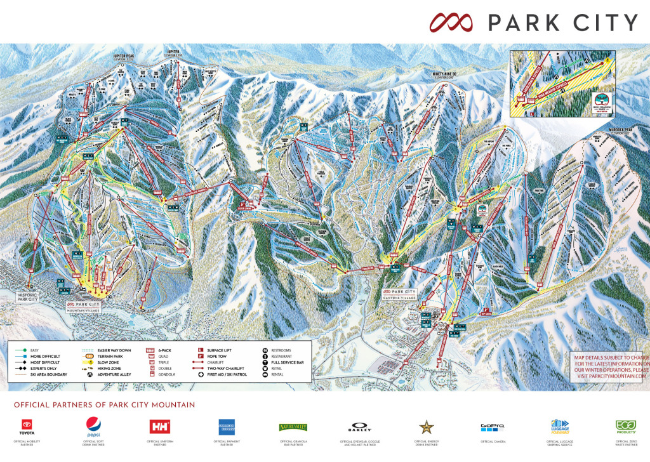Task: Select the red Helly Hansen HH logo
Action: pyautogui.click(x=159, y=426)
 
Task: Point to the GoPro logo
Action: pyautogui.click(x=492, y=426)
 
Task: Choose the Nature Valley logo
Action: pyautogui.click(x=293, y=427)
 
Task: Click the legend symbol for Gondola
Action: pyautogui.click(x=151, y=374)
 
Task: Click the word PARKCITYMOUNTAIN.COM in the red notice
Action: pyautogui.click(x=611, y=376)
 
